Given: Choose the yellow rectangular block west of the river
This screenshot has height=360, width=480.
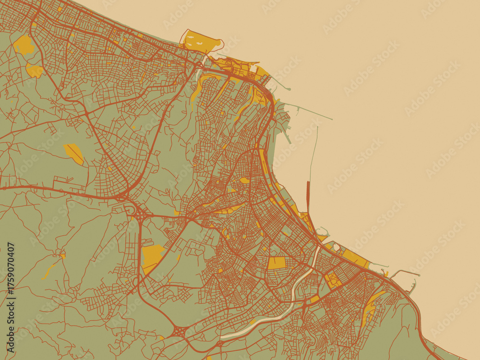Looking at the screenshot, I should [276, 263].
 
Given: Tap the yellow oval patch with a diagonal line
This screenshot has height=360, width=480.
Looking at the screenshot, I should [74, 154].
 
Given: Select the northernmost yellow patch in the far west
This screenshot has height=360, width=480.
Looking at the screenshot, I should [24, 45].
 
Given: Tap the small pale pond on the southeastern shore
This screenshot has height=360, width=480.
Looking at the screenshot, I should [336, 248].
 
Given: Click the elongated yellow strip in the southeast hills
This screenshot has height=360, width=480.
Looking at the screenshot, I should [371, 305].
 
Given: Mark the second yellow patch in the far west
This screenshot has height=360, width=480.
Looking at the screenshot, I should [35, 71].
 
